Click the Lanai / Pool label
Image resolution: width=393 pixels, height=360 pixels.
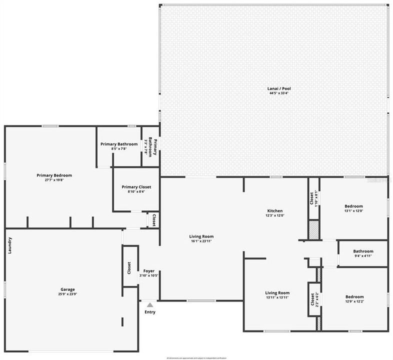[279, 88]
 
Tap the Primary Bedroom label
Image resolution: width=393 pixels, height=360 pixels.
[54, 175]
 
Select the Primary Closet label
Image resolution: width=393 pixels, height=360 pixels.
[136, 187]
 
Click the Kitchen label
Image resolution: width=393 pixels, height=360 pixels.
[274, 211]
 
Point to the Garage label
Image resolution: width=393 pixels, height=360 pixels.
[68, 289]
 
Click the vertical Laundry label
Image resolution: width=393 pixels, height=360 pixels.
[9, 245]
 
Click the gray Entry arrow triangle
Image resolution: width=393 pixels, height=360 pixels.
[150, 304]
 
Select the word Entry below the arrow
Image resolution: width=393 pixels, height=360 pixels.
[150, 312]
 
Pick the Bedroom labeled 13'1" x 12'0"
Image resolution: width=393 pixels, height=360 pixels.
[353, 206]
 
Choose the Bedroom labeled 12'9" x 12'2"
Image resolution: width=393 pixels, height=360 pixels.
[354, 296]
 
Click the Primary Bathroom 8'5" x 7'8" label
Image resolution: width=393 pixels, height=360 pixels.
[118, 144]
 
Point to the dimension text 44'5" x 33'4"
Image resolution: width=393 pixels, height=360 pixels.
[279, 93]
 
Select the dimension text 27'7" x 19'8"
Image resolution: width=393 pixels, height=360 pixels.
[54, 180]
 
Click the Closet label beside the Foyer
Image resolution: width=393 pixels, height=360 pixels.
[129, 268]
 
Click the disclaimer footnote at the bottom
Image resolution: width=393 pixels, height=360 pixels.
[196, 357]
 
